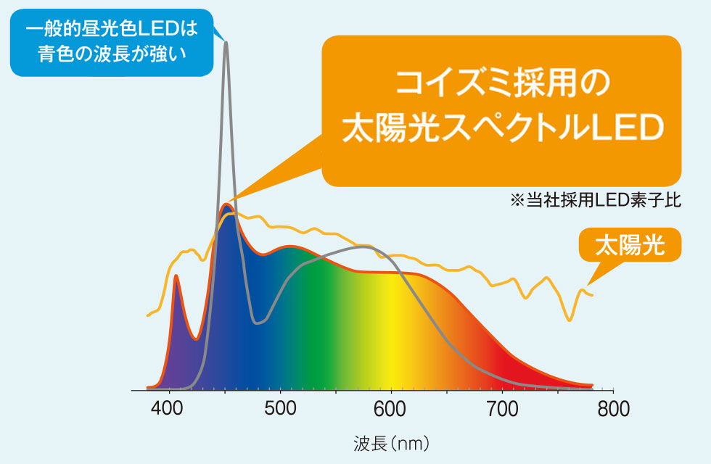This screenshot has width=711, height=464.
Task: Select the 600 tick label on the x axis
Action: pos(392,409)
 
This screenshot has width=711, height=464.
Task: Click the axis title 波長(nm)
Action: pos(393,441)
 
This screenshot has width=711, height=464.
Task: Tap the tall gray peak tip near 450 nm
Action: pos(226,43)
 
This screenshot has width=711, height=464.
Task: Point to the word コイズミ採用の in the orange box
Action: pos(501,85)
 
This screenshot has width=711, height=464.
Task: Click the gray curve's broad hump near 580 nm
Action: pos(366,247)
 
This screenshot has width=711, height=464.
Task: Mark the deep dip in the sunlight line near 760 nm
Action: pos(570,320)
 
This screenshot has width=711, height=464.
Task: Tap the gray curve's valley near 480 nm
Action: pos(256,323)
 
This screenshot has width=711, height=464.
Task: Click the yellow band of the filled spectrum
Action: pos(395,333)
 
